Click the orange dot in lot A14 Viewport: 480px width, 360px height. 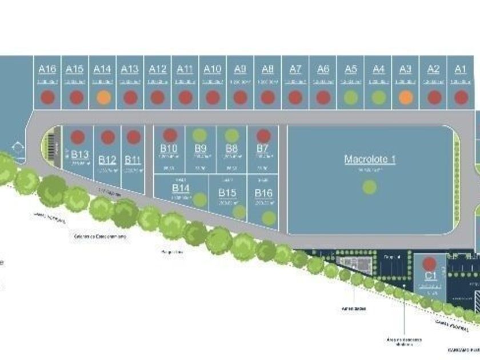tap(103, 97)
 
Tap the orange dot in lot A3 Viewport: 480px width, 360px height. tap(406, 97)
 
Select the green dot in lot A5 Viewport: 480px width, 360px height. tap(351, 97)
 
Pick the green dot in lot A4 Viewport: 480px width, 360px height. tap(378, 97)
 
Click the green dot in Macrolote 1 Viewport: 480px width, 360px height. tap(370, 186)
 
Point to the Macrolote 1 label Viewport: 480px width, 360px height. tap(370, 159)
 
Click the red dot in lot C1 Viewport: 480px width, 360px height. tap(430, 265)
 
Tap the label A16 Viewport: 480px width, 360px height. tap(47, 69)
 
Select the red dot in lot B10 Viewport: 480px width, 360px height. tap(169, 135)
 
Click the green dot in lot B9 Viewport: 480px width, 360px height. tap(199, 135)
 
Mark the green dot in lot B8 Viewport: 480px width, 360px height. tap(231, 135)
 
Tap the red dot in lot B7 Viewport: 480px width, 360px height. tap(263, 135)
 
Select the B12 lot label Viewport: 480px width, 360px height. tap(107, 159)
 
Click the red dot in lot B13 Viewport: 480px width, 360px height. tap(78, 137)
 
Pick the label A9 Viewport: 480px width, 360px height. tap(240, 69)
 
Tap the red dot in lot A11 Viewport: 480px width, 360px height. tap(185, 97)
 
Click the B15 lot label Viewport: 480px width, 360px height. tap(227, 193)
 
